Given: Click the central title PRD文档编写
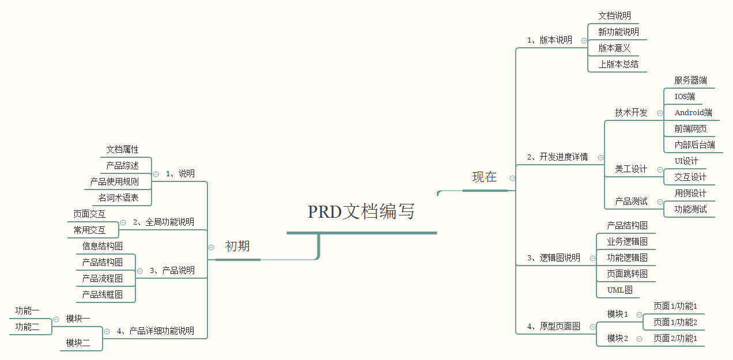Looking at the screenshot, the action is coord(361,212).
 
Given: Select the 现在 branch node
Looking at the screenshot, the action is coord(484,177).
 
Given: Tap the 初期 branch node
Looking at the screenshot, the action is coord(237,247).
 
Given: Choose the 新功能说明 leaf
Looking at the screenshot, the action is coord(618,32).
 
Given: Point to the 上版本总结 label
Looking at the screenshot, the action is coord(618,65).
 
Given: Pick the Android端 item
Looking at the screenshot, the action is coord(693,113).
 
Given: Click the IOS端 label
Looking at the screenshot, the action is coord(685,97).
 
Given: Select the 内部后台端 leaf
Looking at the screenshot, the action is coord(694,145).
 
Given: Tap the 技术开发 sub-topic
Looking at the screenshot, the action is coord(631,113).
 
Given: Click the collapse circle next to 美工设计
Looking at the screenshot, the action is coord(660,169).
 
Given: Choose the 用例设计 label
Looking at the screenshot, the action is coord(690,194).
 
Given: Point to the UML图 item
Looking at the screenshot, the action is coord(619,290).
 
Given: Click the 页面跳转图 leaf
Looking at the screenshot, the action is coord(627,274).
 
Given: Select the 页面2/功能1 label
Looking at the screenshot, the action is coord(675,339).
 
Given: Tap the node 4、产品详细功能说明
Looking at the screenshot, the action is coord(155,331).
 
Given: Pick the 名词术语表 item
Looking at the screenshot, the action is coord(118,198).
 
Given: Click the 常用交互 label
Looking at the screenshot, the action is coord(89,230).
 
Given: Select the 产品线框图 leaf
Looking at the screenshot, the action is coord(102,295).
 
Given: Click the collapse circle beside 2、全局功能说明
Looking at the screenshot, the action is coord(123,222).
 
